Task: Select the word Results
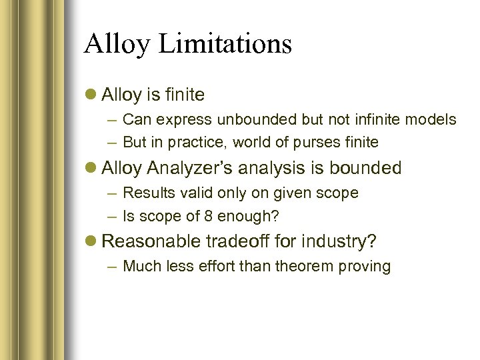pos(147,193)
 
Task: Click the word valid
pos(191,193)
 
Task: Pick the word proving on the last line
pos(366,267)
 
